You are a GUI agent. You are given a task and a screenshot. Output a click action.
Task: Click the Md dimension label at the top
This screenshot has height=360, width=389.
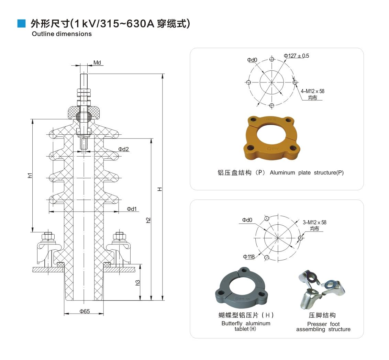point(97,63)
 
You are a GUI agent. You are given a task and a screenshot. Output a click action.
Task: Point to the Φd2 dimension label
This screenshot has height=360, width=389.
point(123,149)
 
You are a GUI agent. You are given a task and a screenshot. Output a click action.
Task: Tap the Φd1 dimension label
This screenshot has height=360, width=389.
point(132,209)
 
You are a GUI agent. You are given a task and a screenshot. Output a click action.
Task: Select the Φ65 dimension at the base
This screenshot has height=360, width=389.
point(85,311)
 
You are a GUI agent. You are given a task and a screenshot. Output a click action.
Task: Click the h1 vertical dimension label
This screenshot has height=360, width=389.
point(30,175)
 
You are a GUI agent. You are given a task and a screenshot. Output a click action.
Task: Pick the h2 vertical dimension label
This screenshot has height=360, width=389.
point(148,220)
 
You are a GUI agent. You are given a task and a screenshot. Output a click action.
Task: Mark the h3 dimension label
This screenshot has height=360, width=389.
point(137,282)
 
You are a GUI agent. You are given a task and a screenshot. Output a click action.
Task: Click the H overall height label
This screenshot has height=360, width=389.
point(159,189)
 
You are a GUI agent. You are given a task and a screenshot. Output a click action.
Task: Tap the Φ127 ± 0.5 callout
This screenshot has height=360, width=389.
point(296,56)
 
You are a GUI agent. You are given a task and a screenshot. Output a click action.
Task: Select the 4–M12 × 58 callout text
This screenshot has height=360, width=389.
point(312,91)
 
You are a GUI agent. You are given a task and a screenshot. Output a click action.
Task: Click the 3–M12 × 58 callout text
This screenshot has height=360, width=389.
point(314,222)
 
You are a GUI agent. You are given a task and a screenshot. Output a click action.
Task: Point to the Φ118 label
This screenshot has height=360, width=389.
point(248,257)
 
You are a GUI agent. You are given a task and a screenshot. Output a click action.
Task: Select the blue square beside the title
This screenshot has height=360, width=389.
point(22,23)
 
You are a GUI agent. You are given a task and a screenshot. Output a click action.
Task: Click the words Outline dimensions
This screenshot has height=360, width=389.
point(62,34)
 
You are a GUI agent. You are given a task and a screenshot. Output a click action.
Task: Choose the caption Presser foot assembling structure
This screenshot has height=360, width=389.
point(323,327)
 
